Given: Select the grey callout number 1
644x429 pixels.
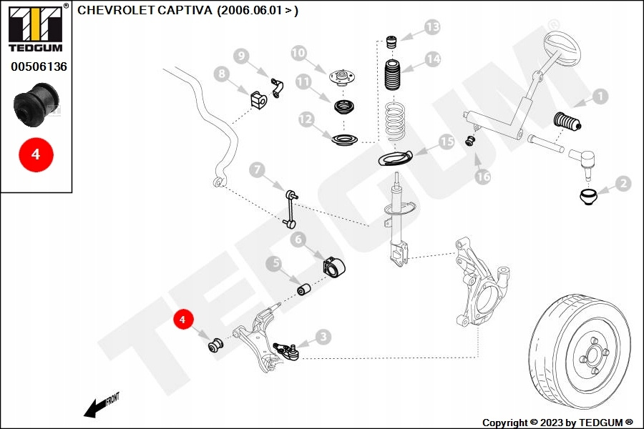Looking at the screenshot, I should (599, 96).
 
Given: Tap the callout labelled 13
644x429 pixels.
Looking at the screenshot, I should (432, 28).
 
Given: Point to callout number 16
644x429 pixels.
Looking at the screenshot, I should (483, 176).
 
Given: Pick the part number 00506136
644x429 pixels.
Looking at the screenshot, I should (39, 66).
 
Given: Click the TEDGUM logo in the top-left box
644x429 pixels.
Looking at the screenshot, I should (34, 29).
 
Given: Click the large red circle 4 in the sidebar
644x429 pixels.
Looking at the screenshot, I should (36, 154).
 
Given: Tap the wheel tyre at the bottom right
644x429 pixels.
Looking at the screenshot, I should (583, 351).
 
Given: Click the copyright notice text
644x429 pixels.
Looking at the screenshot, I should (557, 423).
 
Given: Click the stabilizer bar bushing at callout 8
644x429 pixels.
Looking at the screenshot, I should (258, 101).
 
